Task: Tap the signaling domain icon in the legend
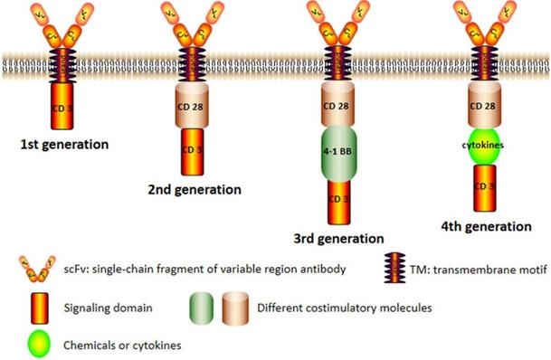(30, 307)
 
